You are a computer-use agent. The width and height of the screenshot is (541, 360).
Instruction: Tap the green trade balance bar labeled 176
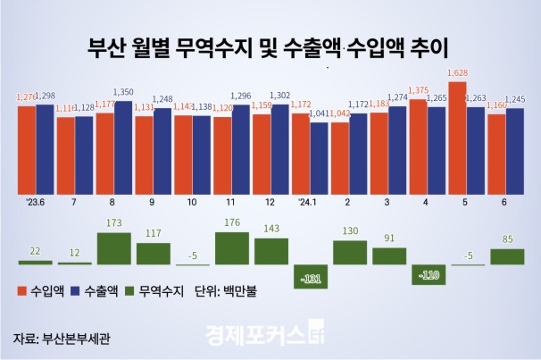(x=231, y=247)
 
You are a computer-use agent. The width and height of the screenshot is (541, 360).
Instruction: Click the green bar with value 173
(x=113, y=247)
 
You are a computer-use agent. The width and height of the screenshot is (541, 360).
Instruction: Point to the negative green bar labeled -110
(x=428, y=274)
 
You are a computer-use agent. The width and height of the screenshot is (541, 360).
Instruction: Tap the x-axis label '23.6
(x=37, y=202)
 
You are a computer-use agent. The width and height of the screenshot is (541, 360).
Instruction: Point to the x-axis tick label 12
(x=270, y=202)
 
